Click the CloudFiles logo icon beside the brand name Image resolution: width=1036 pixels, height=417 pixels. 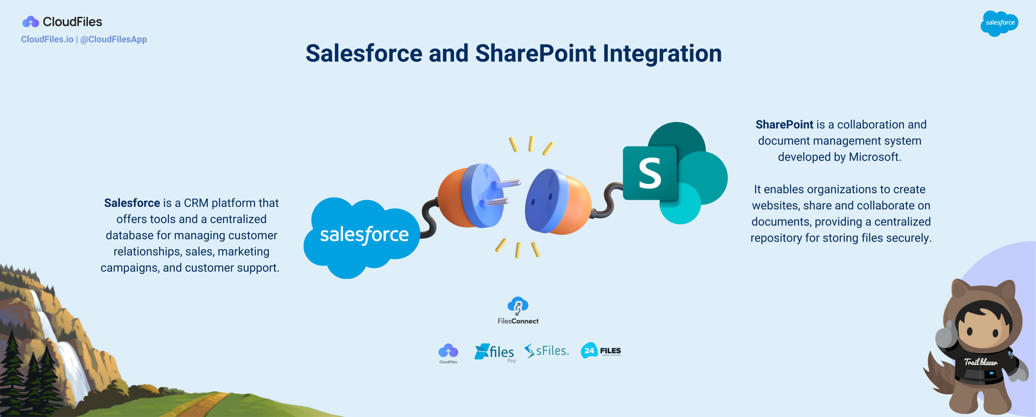(30, 22)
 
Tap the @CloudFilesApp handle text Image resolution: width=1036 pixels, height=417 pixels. (113, 39)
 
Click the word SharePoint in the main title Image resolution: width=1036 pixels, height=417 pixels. (535, 54)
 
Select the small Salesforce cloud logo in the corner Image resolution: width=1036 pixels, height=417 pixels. (999, 23)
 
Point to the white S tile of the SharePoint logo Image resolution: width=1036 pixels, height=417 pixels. (649, 173)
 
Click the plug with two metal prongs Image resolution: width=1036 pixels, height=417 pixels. (473, 196)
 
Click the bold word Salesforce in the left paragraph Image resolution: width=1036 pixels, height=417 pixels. (132, 203)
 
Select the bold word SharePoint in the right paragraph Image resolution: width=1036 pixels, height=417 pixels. (784, 125)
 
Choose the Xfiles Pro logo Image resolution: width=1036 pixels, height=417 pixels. (495, 352)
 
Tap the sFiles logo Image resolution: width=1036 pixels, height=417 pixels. (546, 351)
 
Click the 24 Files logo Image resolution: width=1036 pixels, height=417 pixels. (600, 351)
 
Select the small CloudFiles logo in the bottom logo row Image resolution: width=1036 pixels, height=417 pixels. (448, 352)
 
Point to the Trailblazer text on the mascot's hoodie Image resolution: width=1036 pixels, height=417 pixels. (980, 363)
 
